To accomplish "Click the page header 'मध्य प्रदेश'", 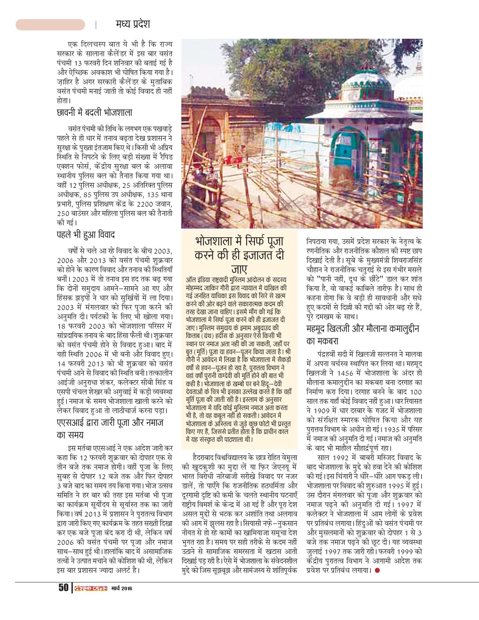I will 133,24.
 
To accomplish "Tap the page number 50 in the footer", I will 63,588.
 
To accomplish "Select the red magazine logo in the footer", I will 91,588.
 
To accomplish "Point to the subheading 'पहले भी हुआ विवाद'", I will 86,235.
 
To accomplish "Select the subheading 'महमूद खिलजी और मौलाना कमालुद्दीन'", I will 362,329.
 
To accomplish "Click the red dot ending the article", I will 377,570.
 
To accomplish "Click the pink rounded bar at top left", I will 50,25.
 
